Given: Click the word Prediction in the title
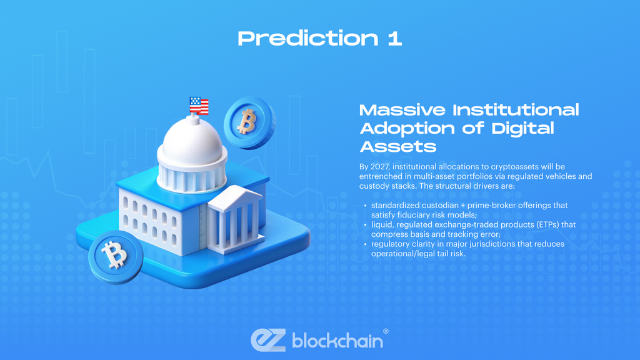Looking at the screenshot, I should pyautogui.click(x=307, y=39).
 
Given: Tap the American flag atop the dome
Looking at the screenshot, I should pyautogui.click(x=199, y=105).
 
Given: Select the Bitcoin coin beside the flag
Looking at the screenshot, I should pyautogui.click(x=249, y=122).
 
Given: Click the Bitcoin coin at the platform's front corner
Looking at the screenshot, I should pyautogui.click(x=114, y=254).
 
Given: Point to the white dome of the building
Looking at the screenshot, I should pyautogui.click(x=192, y=144).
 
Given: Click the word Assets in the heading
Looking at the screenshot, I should pyautogui.click(x=397, y=147).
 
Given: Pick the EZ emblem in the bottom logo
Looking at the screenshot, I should pyautogui.click(x=268, y=339).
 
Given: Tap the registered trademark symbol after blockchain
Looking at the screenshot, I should pyautogui.click(x=386, y=331).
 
